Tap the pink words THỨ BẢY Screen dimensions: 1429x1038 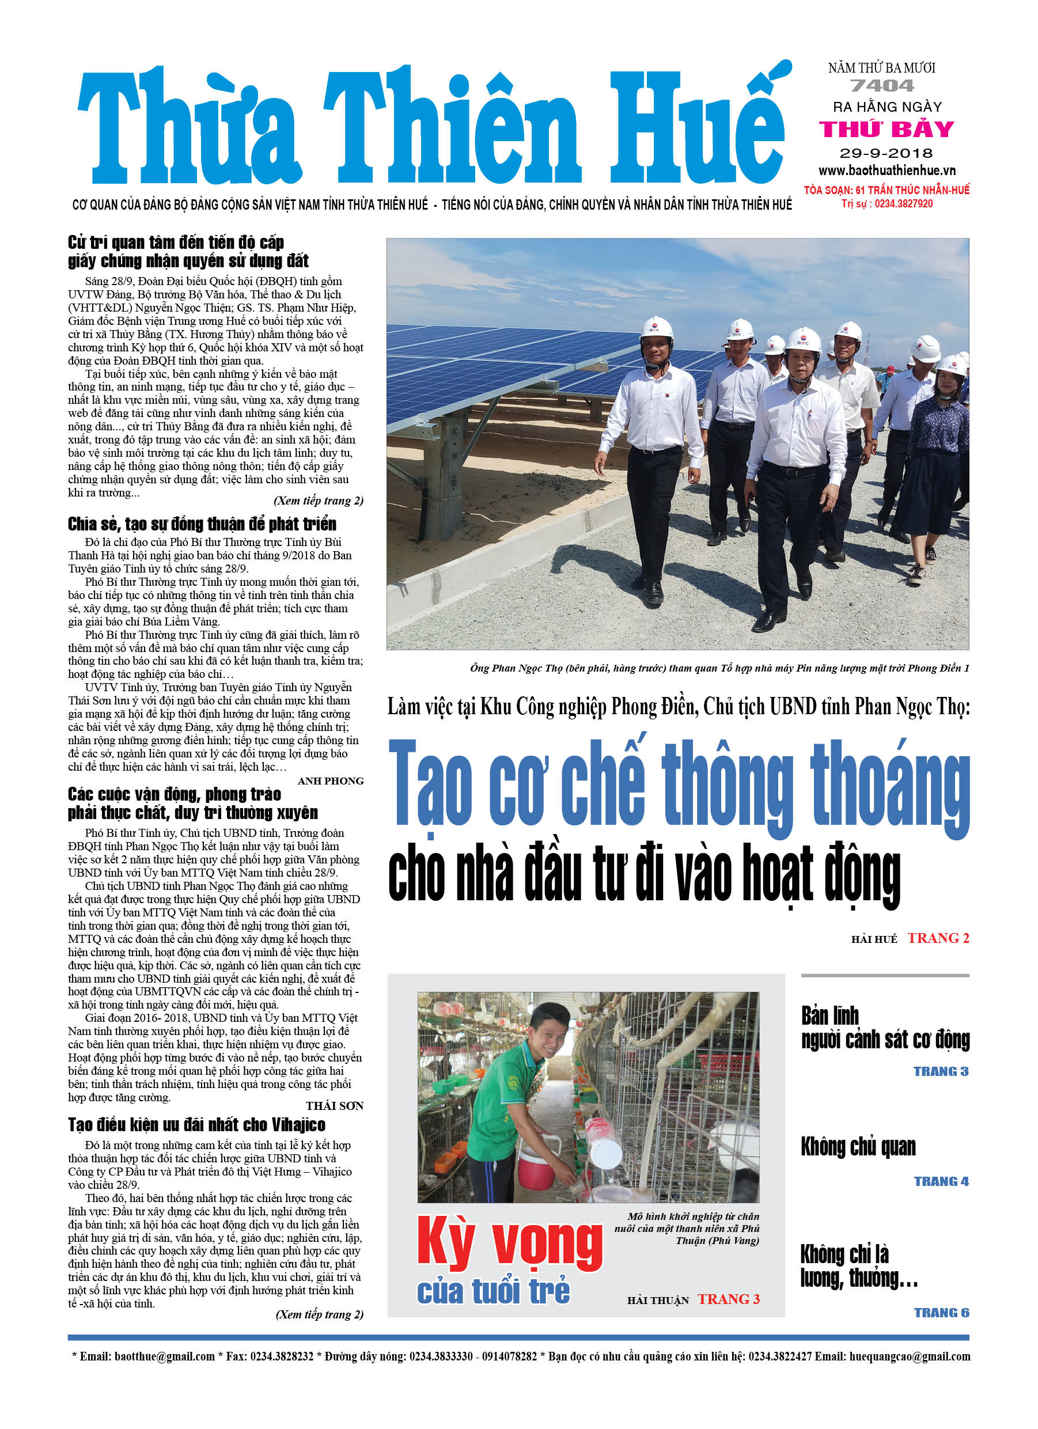pos(886,129)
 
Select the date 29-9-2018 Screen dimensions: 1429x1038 pos(885,153)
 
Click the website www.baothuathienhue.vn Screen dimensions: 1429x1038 pos(887,170)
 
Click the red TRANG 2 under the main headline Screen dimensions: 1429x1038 pos(938,938)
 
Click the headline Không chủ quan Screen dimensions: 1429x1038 pos(858,1147)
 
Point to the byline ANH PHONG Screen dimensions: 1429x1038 pos(330,781)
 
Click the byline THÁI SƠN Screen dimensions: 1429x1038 pos(334,1106)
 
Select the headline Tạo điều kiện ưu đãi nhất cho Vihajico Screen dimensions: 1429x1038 pos(196,1125)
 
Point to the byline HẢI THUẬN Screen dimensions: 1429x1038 pos(657,1301)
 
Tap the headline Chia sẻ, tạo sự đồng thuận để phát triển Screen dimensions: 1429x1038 pos(202,524)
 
